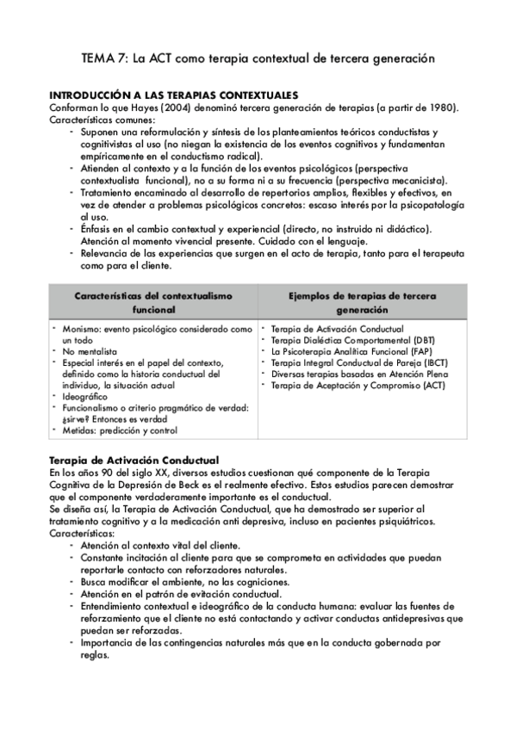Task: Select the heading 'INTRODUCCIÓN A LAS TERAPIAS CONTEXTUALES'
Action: click(x=174, y=95)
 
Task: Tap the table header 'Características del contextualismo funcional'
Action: click(x=153, y=302)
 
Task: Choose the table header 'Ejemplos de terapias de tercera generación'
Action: click(x=362, y=302)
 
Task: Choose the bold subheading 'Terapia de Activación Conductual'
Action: click(x=134, y=460)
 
